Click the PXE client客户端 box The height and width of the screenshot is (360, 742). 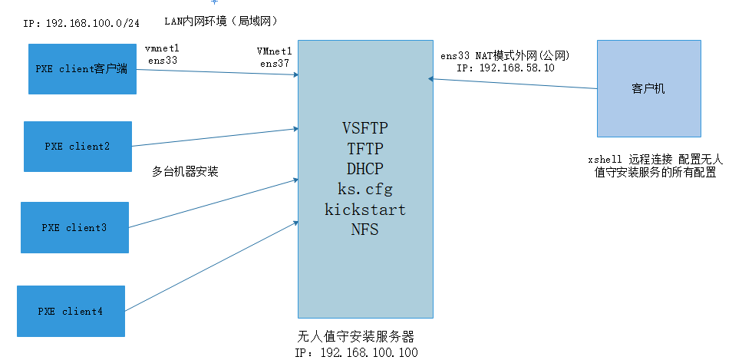pyautogui.click(x=82, y=69)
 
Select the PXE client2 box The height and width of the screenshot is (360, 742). pyautogui.click(x=77, y=146)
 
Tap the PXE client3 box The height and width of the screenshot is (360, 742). pyautogui.click(x=74, y=227)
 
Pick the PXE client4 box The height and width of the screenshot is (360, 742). pyautogui.click(x=71, y=311)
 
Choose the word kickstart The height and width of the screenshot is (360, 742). pyautogui.click(x=364, y=209)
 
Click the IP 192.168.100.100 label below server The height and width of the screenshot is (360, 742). pyautogui.click(x=358, y=352)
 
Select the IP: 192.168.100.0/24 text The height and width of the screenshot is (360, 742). pyautogui.click(x=82, y=23)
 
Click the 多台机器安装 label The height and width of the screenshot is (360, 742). pyautogui.click(x=186, y=172)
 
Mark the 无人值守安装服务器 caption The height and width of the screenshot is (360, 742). pyautogui.click(x=360, y=337)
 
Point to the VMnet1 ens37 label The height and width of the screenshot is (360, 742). pyautogui.click(x=275, y=58)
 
